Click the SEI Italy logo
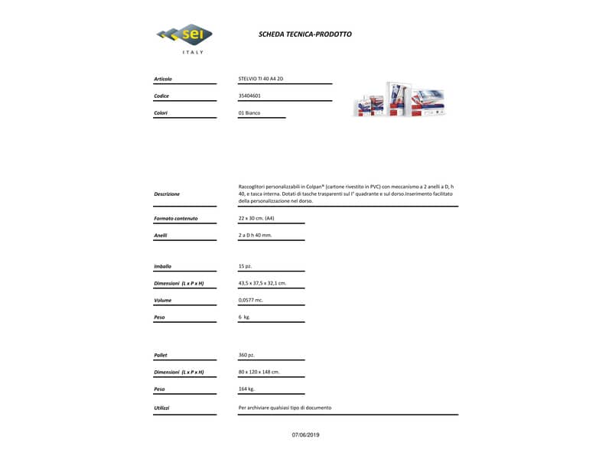tap(184, 37)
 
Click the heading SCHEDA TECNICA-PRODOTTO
tap(305, 34)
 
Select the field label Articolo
tap(163, 79)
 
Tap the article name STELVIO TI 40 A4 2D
tap(261, 79)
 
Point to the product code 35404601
tap(249, 96)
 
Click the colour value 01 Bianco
tap(249, 112)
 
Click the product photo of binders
tap(399, 99)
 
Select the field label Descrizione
tap(167, 194)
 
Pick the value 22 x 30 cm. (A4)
tap(256, 218)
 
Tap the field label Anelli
tap(161, 235)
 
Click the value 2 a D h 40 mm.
tap(255, 235)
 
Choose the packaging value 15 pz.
tap(245, 266)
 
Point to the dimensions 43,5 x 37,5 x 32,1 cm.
tap(262, 283)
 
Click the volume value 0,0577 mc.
tap(251, 300)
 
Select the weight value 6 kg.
tap(244, 317)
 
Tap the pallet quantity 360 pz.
tap(246, 355)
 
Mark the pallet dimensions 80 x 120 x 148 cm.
tap(259, 372)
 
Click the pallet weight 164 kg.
tap(246, 389)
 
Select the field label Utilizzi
tap(161, 408)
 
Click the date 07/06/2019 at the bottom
tap(306, 435)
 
